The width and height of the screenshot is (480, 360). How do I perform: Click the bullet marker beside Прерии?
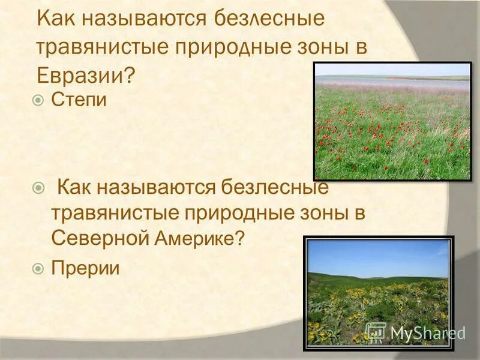tap(39, 268)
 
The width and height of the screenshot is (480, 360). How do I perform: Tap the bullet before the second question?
tap(39, 188)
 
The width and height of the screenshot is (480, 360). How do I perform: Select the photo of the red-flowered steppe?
tap(392, 120)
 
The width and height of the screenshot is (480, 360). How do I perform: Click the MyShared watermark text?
tap(427, 333)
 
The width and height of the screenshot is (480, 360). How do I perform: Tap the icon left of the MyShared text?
tap(376, 332)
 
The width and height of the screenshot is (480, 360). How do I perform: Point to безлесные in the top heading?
tap(262, 19)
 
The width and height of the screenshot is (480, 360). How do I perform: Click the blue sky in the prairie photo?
tap(378, 255)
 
